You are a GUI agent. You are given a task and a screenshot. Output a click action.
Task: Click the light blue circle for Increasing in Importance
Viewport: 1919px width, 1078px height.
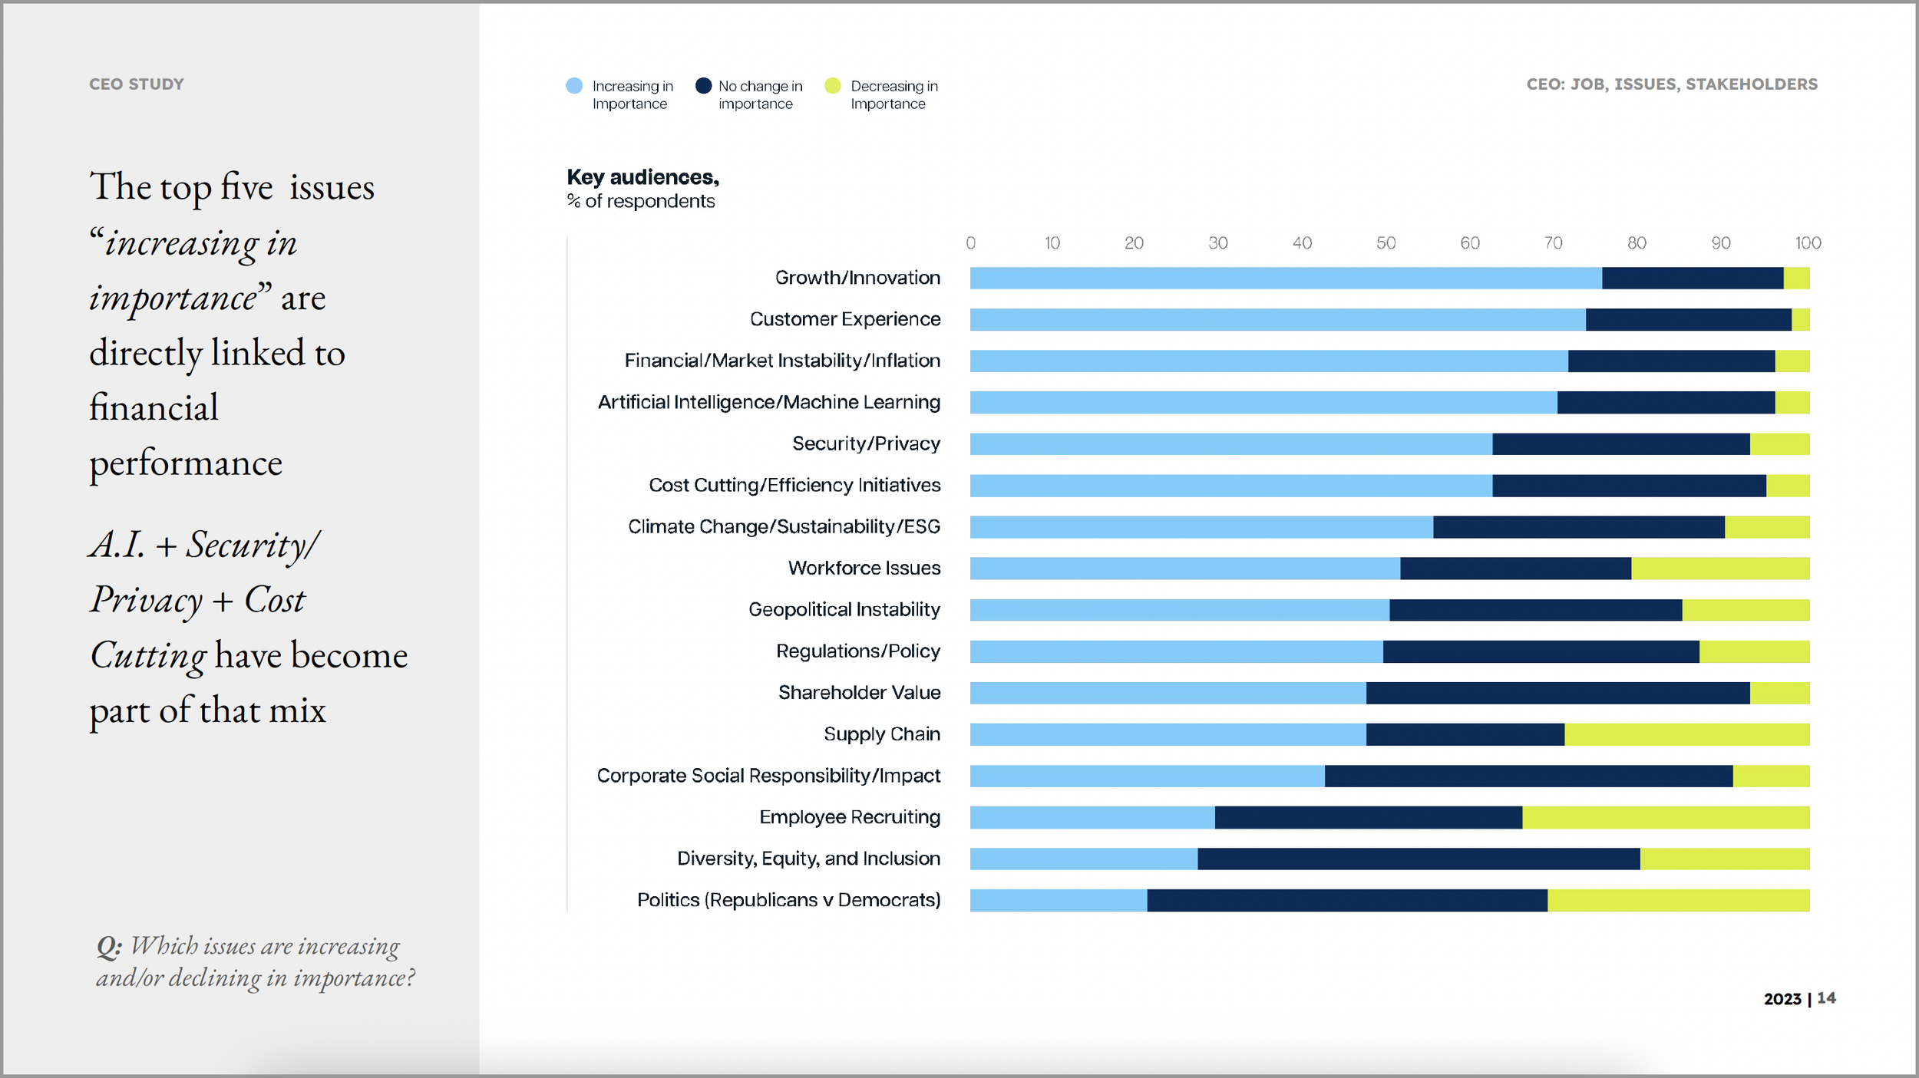[573, 86]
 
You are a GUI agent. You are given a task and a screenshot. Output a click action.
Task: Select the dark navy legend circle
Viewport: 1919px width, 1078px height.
[703, 86]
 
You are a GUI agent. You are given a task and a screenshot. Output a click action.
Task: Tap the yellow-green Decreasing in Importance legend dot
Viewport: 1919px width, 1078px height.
[833, 86]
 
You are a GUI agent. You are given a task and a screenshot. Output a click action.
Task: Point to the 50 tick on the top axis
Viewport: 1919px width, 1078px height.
[1386, 243]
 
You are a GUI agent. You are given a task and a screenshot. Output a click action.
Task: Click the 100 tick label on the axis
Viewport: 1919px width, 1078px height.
[1808, 243]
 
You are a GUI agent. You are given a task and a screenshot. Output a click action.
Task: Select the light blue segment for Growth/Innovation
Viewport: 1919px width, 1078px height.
[1286, 279]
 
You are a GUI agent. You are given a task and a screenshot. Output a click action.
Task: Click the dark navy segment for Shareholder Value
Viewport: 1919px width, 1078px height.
[1558, 693]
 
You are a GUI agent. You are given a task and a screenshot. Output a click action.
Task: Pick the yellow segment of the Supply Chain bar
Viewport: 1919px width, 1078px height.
[1686, 734]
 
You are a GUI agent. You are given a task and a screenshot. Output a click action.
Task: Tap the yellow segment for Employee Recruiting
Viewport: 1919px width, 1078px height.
[1666, 817]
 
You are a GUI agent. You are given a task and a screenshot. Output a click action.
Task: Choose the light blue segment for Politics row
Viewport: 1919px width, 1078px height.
[1059, 900]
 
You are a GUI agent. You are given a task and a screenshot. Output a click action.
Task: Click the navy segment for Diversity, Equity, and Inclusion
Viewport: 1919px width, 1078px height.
[1419, 859]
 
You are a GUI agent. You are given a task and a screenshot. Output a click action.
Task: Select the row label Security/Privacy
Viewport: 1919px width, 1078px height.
[866, 443]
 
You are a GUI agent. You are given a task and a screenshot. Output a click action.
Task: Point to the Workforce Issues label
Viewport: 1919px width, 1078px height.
[864, 568]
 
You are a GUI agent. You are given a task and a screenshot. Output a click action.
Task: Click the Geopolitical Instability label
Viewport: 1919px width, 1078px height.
[844, 609]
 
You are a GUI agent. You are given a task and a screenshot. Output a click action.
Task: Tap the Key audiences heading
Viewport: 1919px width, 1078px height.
[642, 177]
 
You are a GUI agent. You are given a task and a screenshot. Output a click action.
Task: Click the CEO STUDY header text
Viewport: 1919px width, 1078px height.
[137, 84]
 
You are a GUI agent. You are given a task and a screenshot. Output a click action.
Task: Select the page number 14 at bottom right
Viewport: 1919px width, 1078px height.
[1826, 998]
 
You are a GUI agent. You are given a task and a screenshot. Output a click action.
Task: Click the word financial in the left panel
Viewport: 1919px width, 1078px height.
[154, 407]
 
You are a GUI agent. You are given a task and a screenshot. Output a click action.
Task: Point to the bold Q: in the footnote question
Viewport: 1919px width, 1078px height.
[108, 947]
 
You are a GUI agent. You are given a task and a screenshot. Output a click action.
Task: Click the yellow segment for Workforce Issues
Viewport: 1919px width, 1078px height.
[1719, 569]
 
